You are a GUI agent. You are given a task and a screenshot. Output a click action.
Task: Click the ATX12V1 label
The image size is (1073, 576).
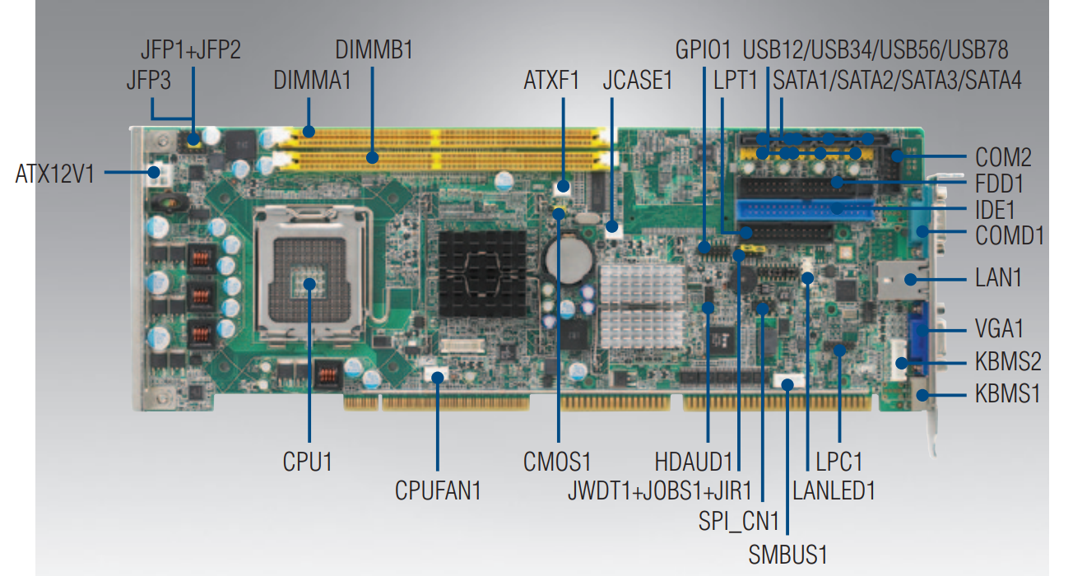[x=55, y=174]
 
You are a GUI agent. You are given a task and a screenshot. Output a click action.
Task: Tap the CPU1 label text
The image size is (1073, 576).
[x=307, y=462]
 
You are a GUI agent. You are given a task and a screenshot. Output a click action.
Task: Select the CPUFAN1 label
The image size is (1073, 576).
[x=437, y=491]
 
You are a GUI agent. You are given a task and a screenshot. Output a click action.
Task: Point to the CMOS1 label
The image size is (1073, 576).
[x=557, y=462]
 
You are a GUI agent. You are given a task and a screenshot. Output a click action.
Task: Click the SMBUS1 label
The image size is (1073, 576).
[x=787, y=553]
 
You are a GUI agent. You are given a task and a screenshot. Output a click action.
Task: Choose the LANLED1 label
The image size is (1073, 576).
[x=833, y=491]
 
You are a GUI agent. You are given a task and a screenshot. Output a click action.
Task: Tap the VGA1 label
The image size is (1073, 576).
[x=999, y=329]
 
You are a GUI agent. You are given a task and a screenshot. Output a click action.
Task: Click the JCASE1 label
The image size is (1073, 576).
[x=638, y=81]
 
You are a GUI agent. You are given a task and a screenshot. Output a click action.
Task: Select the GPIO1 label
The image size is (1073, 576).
[x=703, y=49]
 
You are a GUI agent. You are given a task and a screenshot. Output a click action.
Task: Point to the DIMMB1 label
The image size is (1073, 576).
[x=374, y=49]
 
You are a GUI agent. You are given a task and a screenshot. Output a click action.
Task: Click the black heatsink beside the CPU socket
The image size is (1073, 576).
[x=481, y=273]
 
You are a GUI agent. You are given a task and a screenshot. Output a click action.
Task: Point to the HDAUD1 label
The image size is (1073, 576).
[x=693, y=462]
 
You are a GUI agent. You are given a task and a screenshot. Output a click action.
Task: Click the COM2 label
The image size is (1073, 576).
[x=1003, y=156]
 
